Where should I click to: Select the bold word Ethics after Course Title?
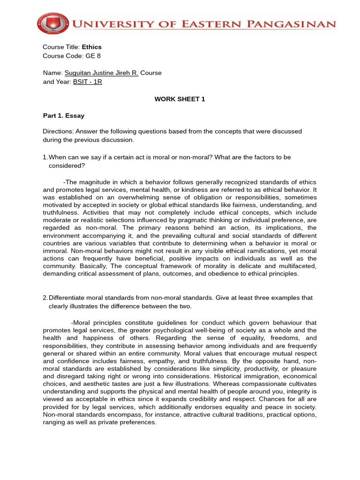pyautogui.click(x=92, y=47)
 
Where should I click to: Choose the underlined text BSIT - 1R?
pyautogui.click(x=88, y=82)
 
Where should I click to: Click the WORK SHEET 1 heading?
pyautogui.click(x=180, y=99)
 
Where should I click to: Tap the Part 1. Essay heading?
pyautogui.click(x=64, y=115)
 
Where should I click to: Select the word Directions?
pyautogui.click(x=58, y=131)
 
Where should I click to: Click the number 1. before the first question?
pyautogui.click(x=45, y=157)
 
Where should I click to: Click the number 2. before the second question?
pyautogui.click(x=45, y=298)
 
